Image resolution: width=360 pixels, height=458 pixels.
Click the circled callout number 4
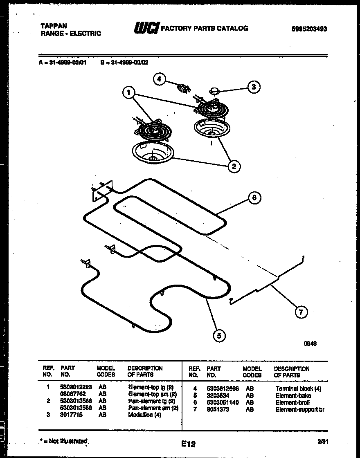pos(160,79)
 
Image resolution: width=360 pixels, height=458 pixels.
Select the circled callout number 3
pos(254,87)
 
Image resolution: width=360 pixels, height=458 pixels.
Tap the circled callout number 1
pos(129,93)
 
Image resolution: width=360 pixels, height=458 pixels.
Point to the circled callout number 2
pos(234,166)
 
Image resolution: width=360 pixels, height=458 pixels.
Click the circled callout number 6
pos(254,198)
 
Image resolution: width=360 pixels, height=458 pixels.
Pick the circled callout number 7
pos(301,312)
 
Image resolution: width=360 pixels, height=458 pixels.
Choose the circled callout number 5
pos(219,336)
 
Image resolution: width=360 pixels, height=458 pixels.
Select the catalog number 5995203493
pos(309,29)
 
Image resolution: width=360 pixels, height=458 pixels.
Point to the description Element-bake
pos(293,395)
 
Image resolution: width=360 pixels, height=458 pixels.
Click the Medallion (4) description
pos(144,415)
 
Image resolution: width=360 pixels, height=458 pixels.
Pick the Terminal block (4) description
pos(298,388)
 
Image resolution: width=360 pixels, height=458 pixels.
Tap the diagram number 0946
pos(310,344)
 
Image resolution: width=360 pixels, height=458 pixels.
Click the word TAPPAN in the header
pos(53,26)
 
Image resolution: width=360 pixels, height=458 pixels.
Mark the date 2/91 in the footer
pos(322,442)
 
